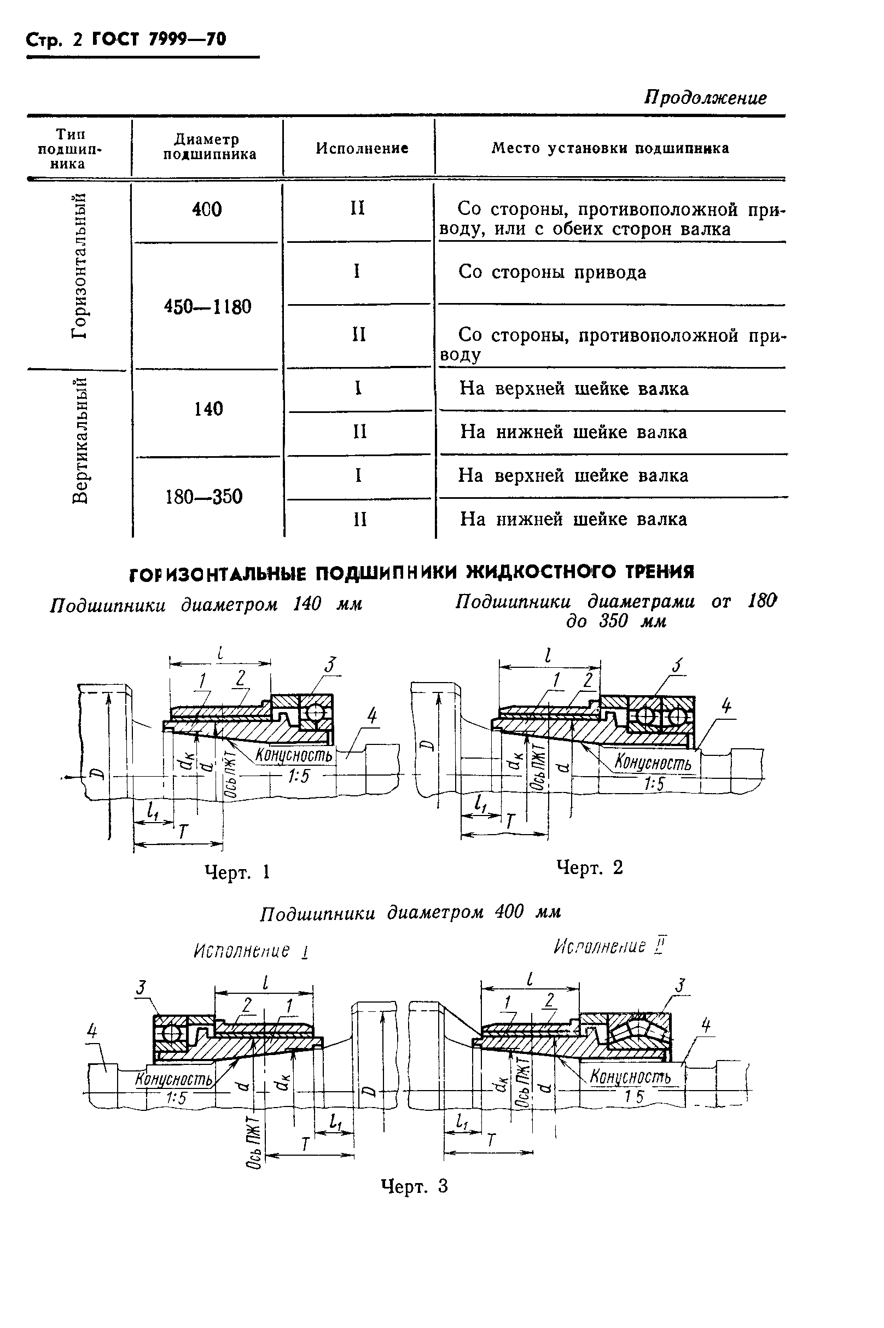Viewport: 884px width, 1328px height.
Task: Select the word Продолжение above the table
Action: pyautogui.click(x=705, y=98)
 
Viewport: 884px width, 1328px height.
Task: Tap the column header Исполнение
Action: pyautogui.click(x=362, y=148)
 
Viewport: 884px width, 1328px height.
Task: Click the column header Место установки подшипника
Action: pyautogui.click(x=610, y=148)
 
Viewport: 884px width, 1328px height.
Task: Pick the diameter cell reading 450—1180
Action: pyautogui.click(x=207, y=307)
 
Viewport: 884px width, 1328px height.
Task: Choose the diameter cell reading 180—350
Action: pyautogui.click(x=204, y=497)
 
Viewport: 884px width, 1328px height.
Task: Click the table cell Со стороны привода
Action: pyautogui.click(x=552, y=272)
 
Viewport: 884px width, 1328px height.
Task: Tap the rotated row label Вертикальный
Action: pyautogui.click(x=79, y=440)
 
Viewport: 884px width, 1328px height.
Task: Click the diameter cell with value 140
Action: pyautogui.click(x=208, y=409)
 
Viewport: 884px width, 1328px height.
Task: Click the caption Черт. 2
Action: pyautogui.click(x=589, y=867)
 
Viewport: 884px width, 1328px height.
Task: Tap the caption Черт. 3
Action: pyautogui.click(x=415, y=1186)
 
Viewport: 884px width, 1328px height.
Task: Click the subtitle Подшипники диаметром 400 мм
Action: pyautogui.click(x=410, y=912)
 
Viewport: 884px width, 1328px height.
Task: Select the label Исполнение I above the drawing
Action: pyautogui.click(x=251, y=952)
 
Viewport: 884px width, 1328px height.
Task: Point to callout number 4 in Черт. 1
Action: pyautogui.click(x=372, y=717)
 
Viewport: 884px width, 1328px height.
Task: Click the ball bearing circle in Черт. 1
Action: pyautogui.click(x=315, y=713)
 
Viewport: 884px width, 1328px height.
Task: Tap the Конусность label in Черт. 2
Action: pyautogui.click(x=653, y=762)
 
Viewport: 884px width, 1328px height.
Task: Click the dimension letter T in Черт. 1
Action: pyautogui.click(x=183, y=832)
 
